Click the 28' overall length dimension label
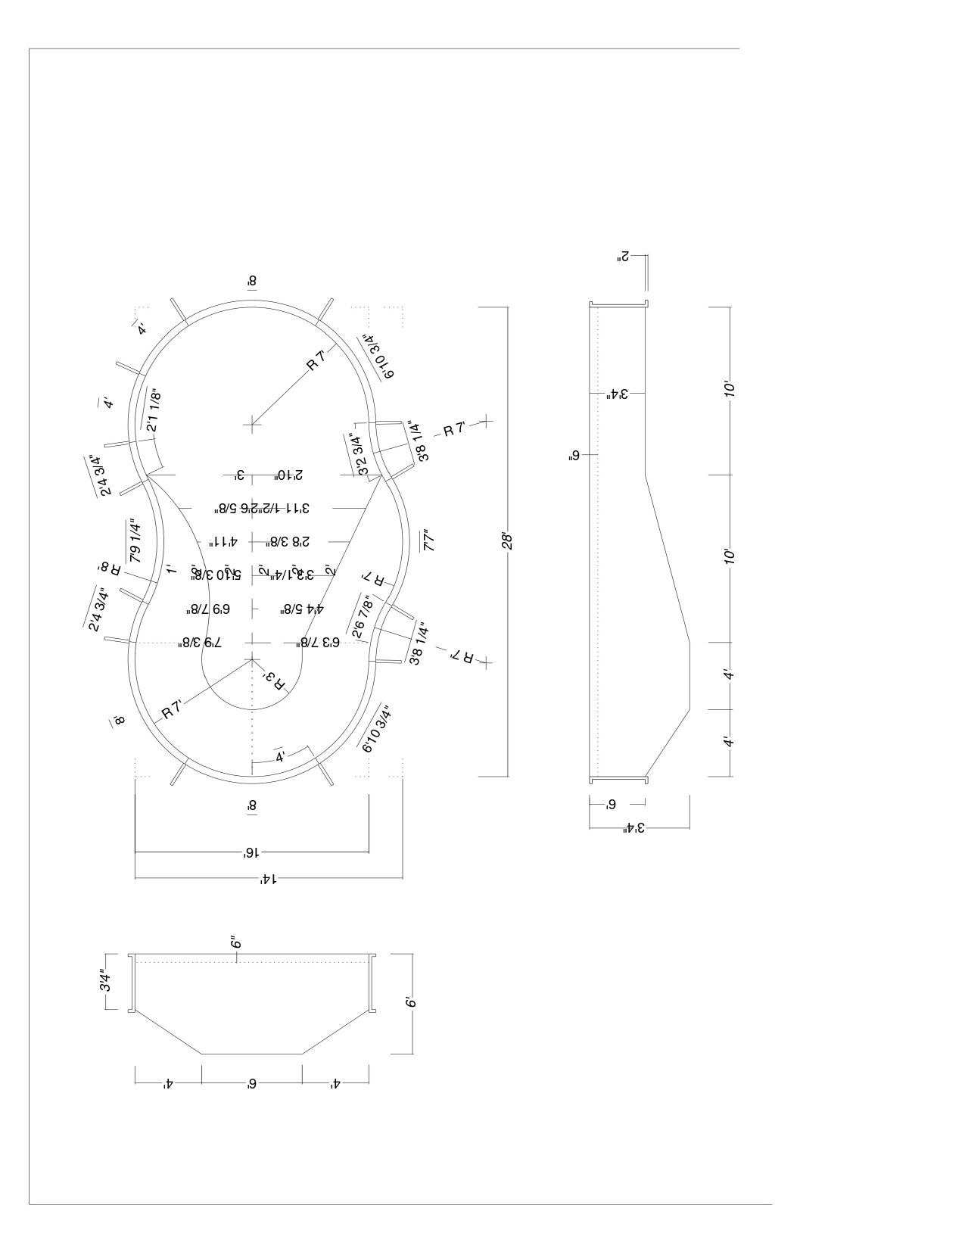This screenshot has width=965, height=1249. (508, 542)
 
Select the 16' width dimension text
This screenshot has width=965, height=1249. (251, 852)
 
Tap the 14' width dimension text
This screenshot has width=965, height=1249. (267, 879)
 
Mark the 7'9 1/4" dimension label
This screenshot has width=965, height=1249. (135, 540)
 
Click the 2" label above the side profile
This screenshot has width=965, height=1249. (622, 257)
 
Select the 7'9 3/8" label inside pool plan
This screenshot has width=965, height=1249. (200, 642)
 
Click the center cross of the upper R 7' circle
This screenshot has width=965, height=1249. (252, 424)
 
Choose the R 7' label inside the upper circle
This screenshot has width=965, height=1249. (316, 362)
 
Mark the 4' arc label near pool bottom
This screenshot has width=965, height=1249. (280, 755)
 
